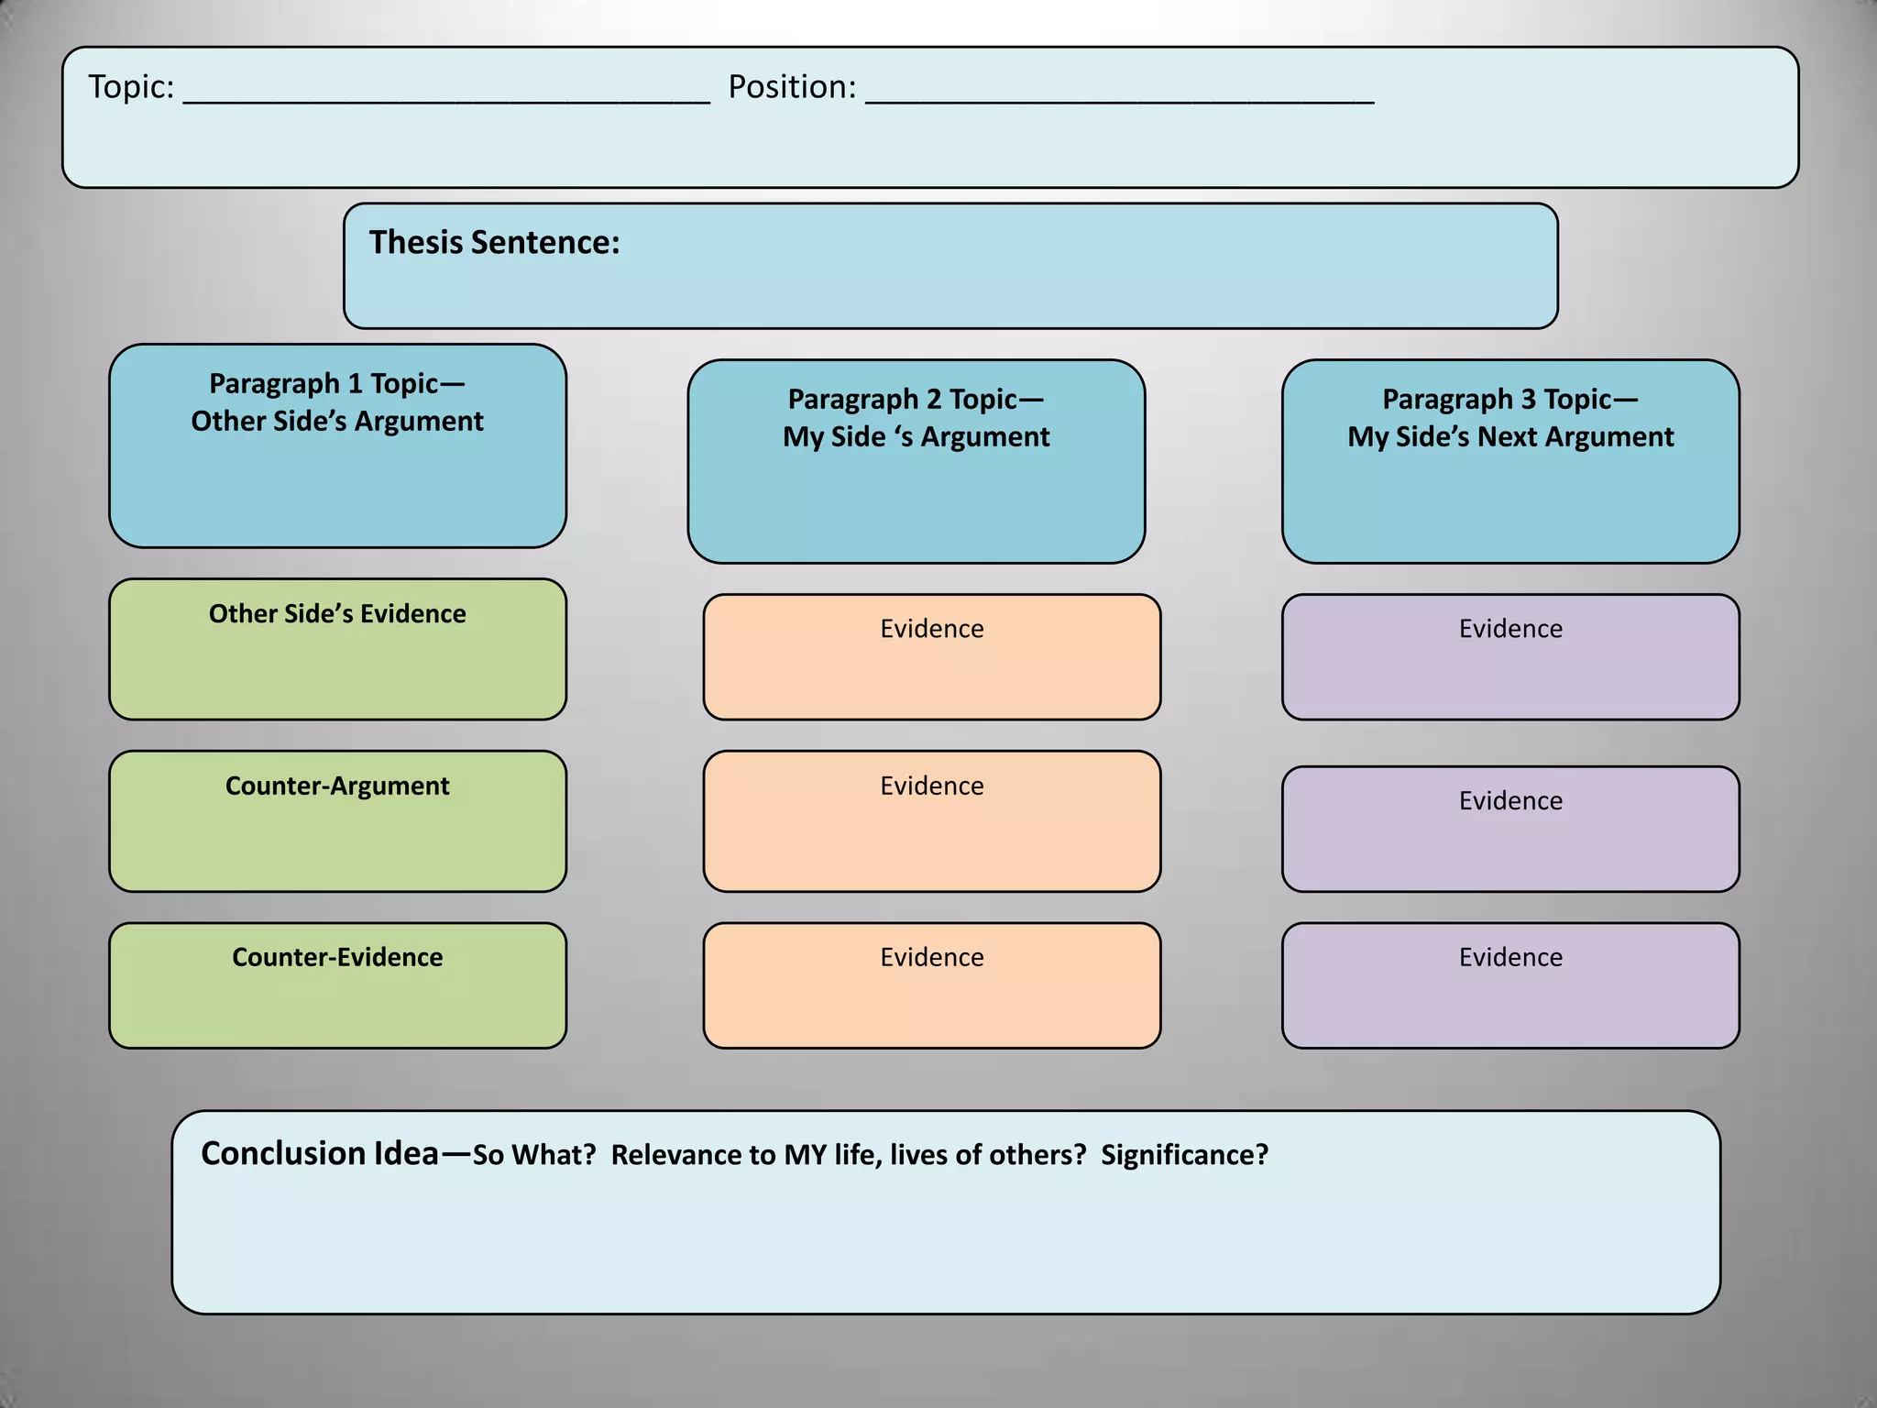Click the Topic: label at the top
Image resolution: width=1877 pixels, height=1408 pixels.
pos(131,87)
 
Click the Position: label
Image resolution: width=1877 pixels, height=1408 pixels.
pos(792,87)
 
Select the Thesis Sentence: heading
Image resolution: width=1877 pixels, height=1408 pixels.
pos(494,243)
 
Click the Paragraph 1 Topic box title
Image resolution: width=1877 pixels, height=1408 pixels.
pos(337,383)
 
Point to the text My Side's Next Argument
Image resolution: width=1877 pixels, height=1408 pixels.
pos(1510,437)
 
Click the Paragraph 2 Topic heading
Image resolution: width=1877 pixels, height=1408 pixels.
pos(916,400)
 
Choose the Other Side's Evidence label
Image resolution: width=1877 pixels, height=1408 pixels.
pos(337,614)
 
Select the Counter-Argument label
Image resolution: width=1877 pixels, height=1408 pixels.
pos(337,786)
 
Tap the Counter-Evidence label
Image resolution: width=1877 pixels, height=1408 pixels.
pos(337,958)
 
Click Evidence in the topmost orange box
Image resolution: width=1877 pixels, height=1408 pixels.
pos(932,629)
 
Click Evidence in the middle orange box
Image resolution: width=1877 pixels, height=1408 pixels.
pos(932,786)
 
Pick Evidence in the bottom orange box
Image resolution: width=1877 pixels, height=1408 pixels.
pos(932,958)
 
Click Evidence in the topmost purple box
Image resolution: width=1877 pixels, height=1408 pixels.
pos(1510,629)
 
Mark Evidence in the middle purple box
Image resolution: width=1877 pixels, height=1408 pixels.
pos(1510,801)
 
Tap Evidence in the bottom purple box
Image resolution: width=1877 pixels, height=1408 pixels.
pos(1510,958)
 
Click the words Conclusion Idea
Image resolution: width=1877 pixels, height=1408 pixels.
pos(320,1154)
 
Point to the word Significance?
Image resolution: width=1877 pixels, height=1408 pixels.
pos(1184,1156)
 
